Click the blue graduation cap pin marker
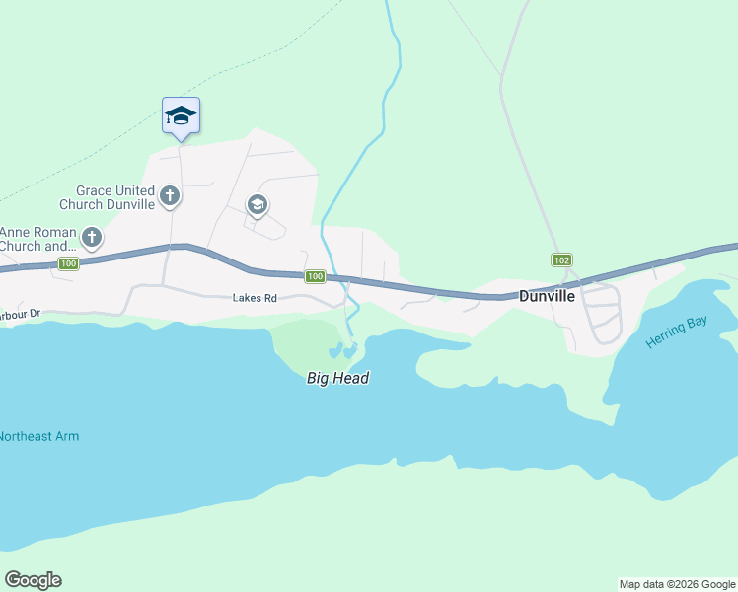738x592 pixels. tap(181, 115)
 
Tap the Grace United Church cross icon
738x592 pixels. tap(170, 196)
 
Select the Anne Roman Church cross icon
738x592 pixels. tap(92, 237)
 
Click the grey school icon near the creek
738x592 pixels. tap(258, 205)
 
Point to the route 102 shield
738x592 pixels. tap(561, 259)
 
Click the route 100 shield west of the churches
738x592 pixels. tap(68, 263)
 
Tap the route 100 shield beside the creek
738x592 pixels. tap(315, 277)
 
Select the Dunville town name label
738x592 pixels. tap(547, 295)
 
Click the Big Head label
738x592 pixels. tap(337, 378)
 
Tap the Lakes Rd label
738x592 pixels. tap(254, 297)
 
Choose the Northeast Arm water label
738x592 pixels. tap(39, 436)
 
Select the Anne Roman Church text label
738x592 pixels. tap(37, 239)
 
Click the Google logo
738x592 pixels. tap(33, 580)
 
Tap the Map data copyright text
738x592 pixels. tap(677, 584)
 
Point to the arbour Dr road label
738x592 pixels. tap(19, 315)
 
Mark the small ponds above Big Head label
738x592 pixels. tap(341, 350)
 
